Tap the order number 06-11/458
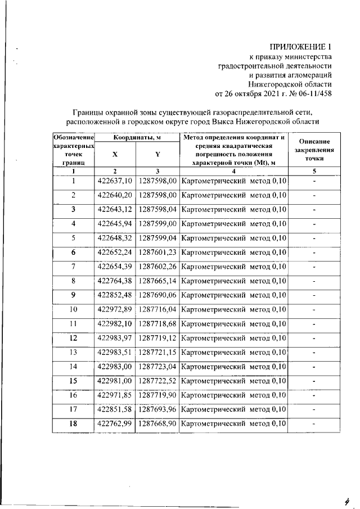pyautogui.click(x=311, y=93)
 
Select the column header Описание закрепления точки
pyautogui.click(x=314, y=151)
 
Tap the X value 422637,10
pyautogui.click(x=115, y=181)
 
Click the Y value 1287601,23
pyautogui.click(x=157, y=253)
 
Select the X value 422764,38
pyautogui.click(x=115, y=281)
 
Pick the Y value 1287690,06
pyautogui.click(x=157, y=295)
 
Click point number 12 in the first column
pyautogui.click(x=73, y=338)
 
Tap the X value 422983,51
pyautogui.click(x=115, y=352)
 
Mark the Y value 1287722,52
pyautogui.click(x=157, y=381)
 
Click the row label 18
pyautogui.click(x=73, y=424)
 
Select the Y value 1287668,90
pyautogui.click(x=157, y=424)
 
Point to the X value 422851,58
pyautogui.click(x=115, y=409)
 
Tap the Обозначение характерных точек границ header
pyautogui.click(x=73, y=151)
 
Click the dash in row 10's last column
pyautogui.click(x=314, y=309)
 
